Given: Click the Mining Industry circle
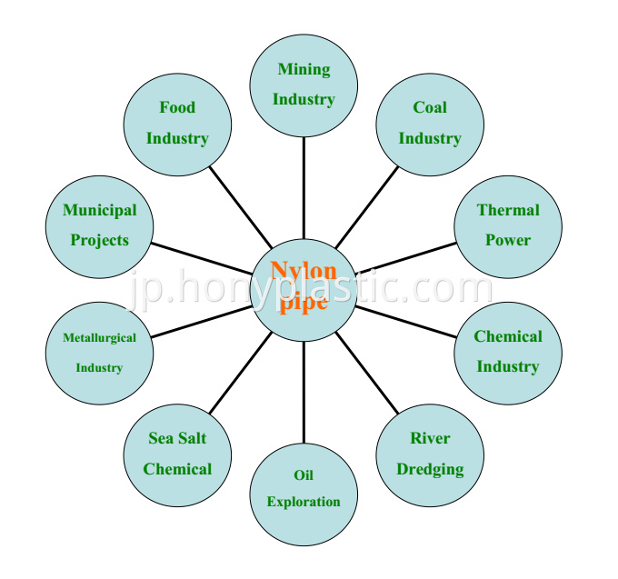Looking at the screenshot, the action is point(304,86).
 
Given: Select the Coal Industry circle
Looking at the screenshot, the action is point(430,125).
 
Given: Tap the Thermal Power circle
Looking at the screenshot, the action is point(508,227).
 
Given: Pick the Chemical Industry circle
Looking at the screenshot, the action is point(508,354).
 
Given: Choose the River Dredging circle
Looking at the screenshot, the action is point(430,455).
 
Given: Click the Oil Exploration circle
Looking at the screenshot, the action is point(304,494).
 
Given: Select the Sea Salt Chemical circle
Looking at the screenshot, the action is point(177,455).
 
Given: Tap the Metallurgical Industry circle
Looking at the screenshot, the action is point(99,354).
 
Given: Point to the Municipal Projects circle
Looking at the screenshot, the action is point(99,227).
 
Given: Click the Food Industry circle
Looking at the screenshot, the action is point(177,125).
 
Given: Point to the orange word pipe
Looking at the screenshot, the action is point(304,303).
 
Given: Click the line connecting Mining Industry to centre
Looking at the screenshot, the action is point(304,188).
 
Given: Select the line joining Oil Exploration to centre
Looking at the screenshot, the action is point(304,392).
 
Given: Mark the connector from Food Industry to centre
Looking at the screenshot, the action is point(241,207).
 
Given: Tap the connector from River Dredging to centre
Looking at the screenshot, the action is point(367,373).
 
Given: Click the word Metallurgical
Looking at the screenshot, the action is point(99,338).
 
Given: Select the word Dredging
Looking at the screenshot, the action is point(430,469).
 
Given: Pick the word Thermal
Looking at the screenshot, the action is point(508,210).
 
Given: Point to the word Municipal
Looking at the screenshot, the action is point(100,211).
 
